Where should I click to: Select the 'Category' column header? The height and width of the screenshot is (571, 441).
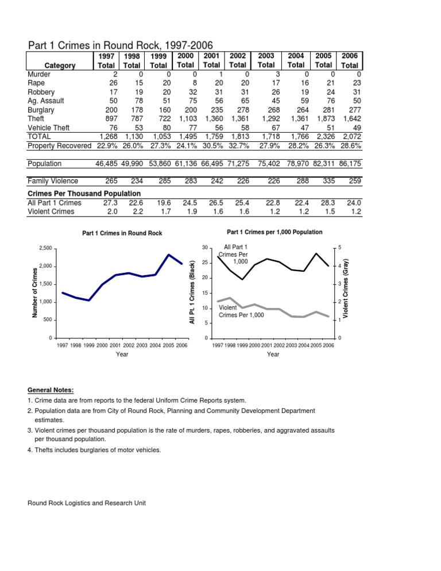point(59,65)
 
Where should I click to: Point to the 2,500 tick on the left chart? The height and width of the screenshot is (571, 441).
point(45,248)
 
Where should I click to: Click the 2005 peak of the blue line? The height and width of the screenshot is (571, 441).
point(169,254)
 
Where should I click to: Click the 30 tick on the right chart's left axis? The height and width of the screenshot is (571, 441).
point(204,248)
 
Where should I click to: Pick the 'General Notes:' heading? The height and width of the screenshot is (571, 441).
point(51,389)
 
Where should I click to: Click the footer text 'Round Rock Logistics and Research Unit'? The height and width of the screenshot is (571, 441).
point(87,503)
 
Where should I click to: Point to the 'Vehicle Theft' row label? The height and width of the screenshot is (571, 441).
point(48,127)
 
